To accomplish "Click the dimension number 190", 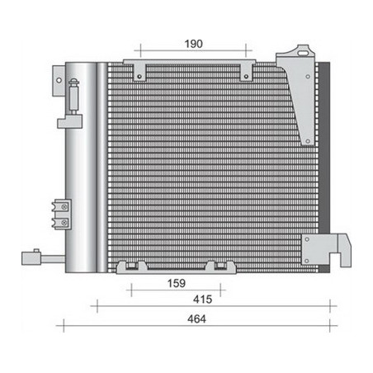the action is [193, 44].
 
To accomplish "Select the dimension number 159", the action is [177, 283].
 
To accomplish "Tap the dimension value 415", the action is [202, 300].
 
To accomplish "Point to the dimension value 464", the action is [196, 319].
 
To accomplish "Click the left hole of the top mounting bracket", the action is [139, 76].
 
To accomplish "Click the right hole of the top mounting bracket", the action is [246, 76].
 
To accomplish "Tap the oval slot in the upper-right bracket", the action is [303, 53].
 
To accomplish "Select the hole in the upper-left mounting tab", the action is [59, 80].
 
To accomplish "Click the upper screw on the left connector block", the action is [64, 207].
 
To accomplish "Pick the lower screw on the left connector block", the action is [64, 222].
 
